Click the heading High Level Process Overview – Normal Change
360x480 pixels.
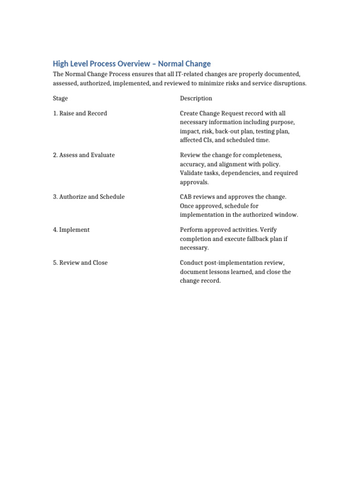[132, 64]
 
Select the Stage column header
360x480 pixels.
[60, 98]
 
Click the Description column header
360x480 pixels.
[196, 98]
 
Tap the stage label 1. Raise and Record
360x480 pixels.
[80, 113]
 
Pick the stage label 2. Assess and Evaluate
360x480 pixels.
[83, 155]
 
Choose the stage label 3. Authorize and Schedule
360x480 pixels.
[89, 197]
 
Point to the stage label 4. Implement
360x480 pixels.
[71, 230]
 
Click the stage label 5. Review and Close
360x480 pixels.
[80, 263]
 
